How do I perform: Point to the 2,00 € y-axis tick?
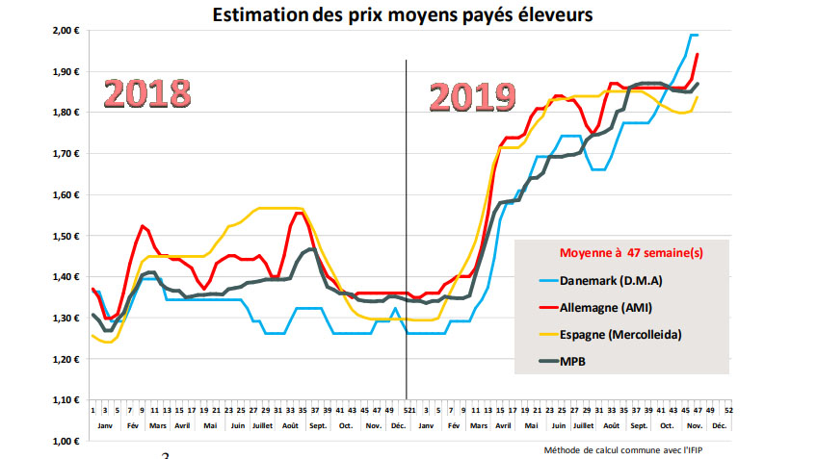pos(64,31)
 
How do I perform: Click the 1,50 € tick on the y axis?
pos(64,236)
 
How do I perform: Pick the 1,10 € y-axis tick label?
pos(64,400)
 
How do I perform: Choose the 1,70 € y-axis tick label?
pos(64,154)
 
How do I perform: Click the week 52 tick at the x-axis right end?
pos(728,409)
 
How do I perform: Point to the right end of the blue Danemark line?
pos(698,35)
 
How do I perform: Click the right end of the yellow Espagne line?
pos(698,96)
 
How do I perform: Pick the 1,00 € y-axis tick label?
pos(64,442)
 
